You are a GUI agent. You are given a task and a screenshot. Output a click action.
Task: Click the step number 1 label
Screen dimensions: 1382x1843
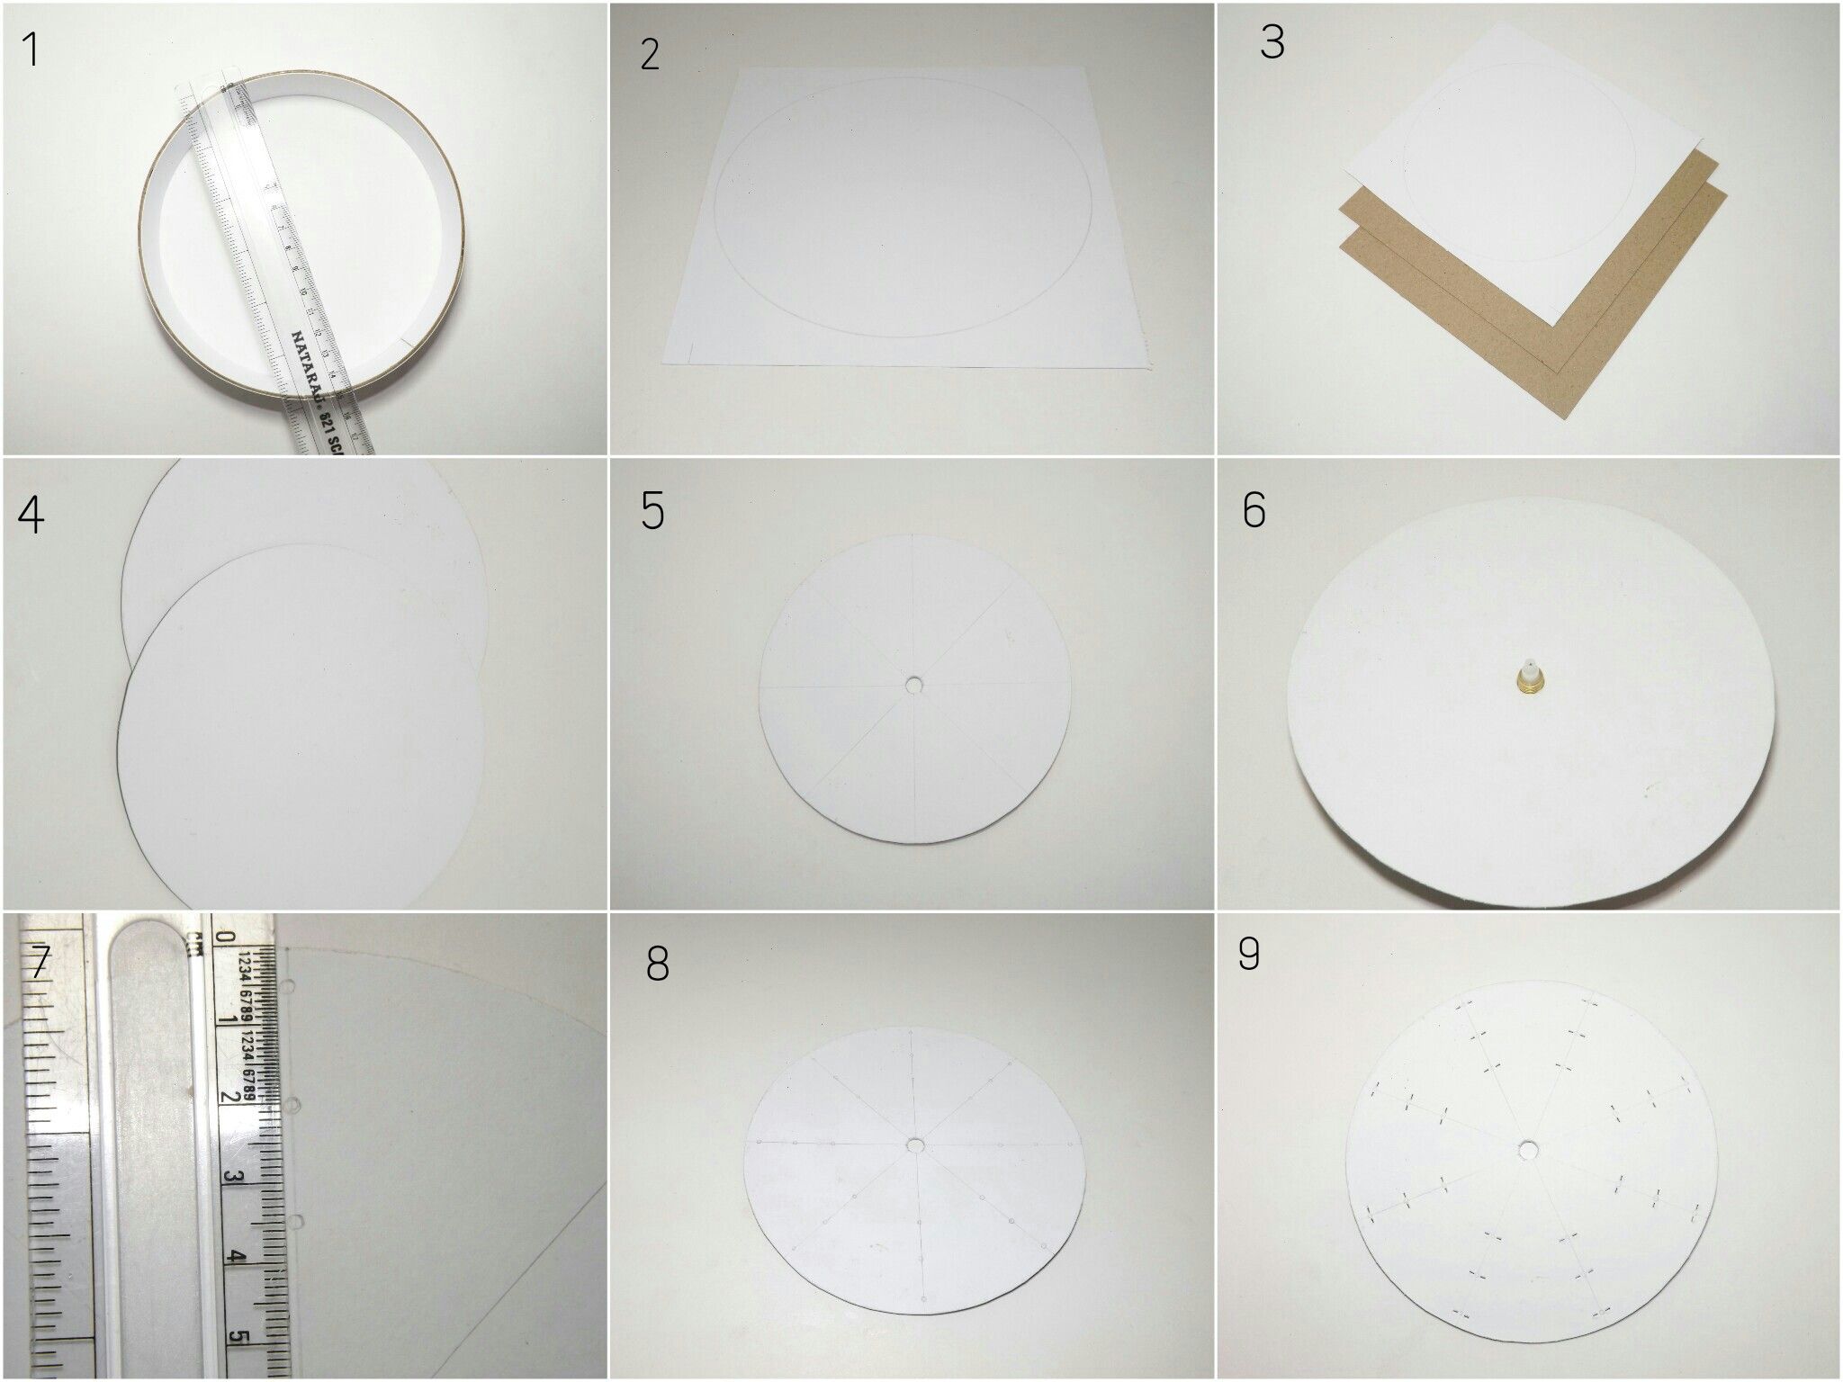31,50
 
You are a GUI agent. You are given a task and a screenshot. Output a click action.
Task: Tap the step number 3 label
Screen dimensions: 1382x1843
1272,42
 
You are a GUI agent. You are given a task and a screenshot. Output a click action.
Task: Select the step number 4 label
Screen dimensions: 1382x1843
31,515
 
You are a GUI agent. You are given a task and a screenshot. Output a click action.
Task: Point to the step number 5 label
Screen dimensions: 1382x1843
652,511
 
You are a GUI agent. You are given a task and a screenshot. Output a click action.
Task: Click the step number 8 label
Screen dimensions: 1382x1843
658,965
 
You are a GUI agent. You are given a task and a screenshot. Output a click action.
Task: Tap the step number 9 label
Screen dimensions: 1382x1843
1248,956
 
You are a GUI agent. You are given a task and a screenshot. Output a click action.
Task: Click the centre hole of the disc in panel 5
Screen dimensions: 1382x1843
915,686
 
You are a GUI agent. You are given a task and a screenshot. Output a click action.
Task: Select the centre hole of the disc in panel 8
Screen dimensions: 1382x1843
916,1145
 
